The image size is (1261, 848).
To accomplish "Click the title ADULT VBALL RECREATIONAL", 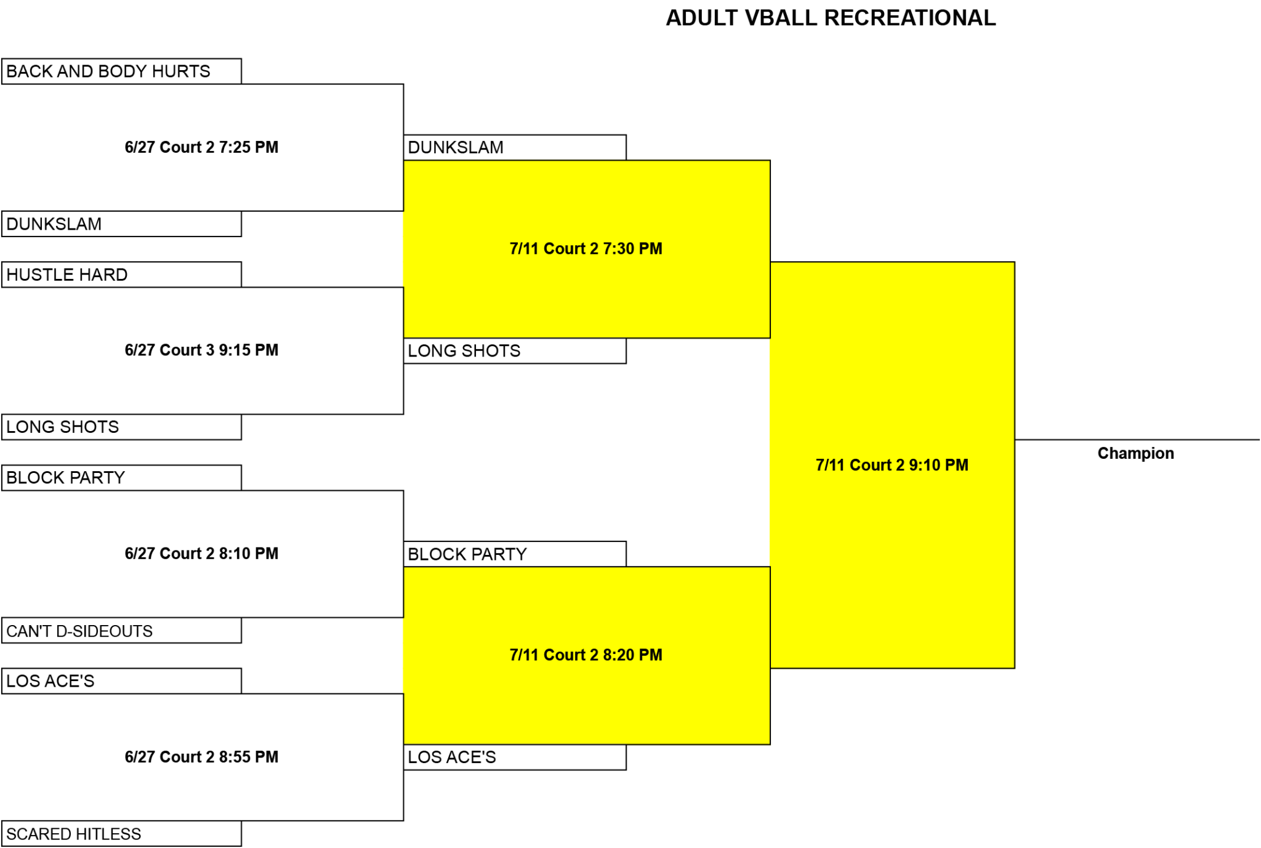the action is click(831, 18).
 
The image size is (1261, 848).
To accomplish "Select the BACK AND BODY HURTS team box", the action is click(121, 71).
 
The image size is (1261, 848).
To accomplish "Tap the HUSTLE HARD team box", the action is click(121, 275).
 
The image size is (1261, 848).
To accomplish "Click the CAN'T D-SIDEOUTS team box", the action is click(121, 631).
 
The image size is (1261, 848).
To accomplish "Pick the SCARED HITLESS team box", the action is click(121, 833).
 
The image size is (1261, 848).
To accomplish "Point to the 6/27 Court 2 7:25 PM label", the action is click(201, 147).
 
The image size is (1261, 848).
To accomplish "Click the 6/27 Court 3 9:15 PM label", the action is click(201, 350).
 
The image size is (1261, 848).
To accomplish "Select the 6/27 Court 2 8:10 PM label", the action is click(201, 553).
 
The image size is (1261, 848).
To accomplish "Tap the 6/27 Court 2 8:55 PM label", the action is click(201, 756).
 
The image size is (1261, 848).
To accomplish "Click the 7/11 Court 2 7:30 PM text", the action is click(586, 248).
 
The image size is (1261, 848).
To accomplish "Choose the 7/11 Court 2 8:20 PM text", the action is click(586, 655).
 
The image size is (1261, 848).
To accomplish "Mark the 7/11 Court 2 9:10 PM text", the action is click(892, 465).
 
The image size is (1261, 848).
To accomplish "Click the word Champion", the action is click(1135, 453).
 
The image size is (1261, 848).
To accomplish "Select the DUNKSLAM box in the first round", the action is click(121, 224).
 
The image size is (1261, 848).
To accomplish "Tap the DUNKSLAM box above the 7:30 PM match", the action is click(515, 147).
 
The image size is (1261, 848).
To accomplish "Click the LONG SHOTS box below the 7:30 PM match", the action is click(515, 351).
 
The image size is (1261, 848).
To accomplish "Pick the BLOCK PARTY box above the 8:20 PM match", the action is click(515, 554).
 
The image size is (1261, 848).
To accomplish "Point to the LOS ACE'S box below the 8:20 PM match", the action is click(515, 757).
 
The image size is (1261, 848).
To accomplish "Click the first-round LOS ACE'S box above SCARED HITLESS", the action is click(121, 681).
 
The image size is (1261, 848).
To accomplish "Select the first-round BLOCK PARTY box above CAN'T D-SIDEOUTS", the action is click(121, 478).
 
